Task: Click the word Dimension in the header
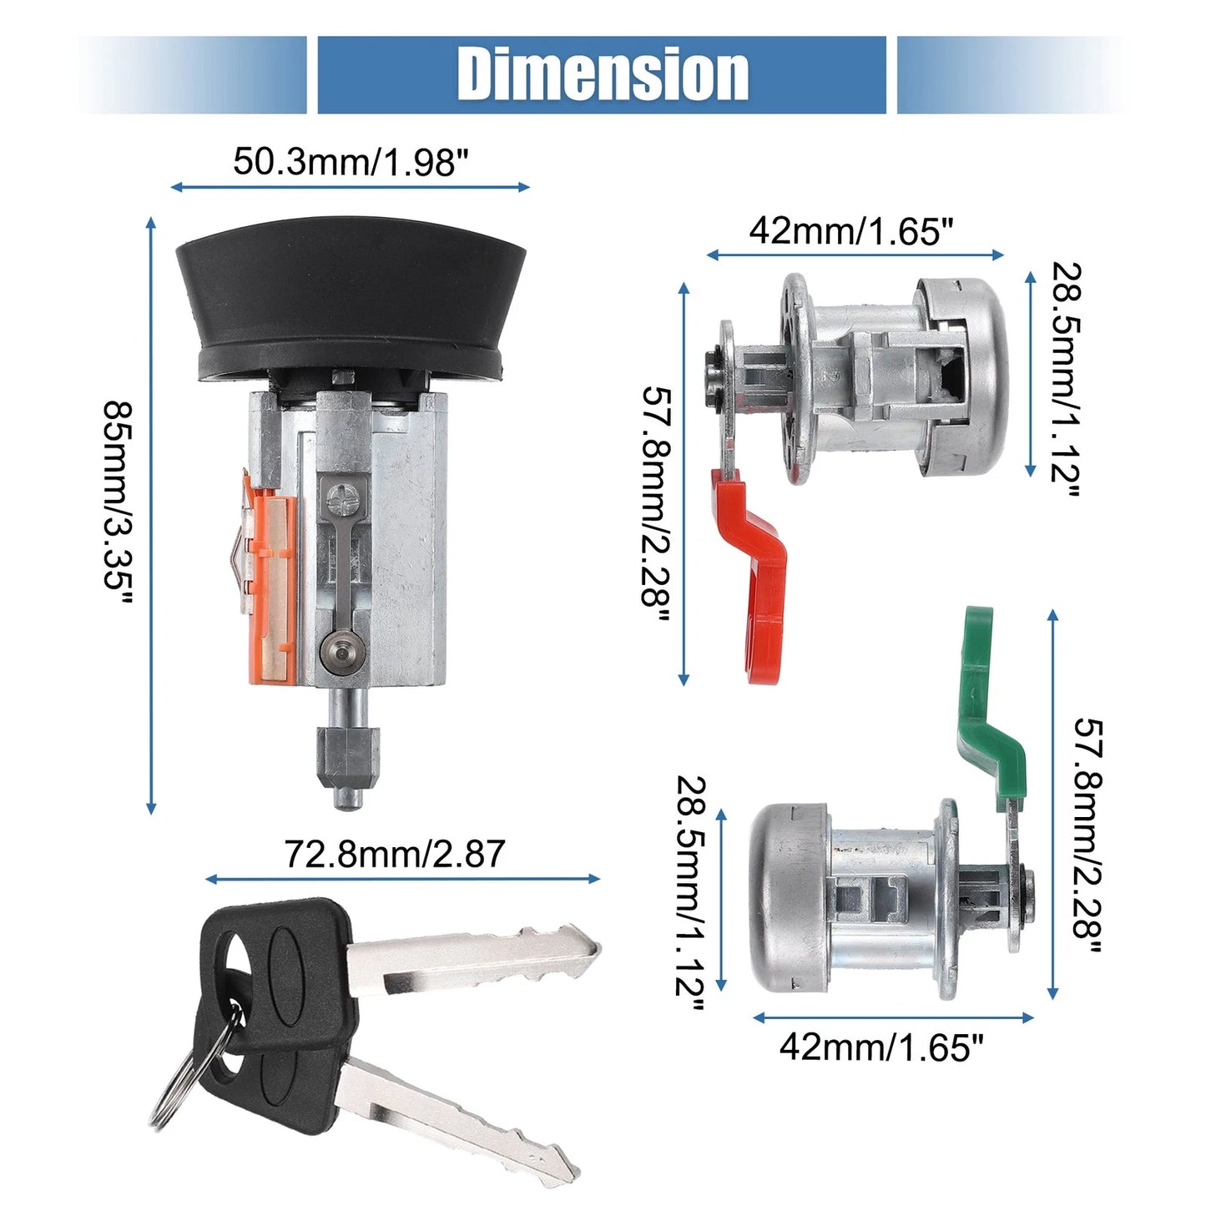click(602, 75)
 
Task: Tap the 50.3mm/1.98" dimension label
click(351, 162)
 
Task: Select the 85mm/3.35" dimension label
click(119, 504)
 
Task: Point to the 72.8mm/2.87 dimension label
click(395, 854)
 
